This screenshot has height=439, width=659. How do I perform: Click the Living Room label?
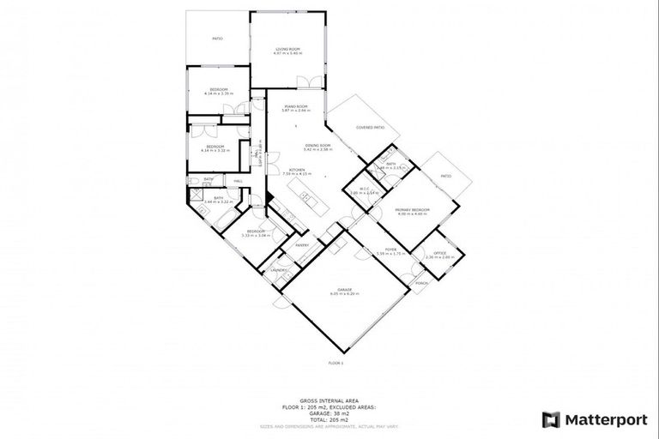287,49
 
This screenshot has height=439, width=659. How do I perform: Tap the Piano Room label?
295,107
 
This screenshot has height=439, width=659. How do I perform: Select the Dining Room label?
317,146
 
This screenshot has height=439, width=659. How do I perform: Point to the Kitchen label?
296,170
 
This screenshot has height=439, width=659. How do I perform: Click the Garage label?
346,291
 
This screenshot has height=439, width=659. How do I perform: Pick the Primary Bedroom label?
412,210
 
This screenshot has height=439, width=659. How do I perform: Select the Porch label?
420,283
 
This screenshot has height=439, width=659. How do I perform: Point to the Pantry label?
302,245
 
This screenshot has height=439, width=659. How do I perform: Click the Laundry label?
279,270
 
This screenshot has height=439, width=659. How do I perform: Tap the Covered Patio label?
371,127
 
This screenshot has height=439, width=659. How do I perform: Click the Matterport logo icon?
551,419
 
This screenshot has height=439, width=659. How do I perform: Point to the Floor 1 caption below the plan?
336,364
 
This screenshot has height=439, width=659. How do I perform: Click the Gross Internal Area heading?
336,400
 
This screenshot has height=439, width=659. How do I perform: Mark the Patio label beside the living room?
218,39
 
